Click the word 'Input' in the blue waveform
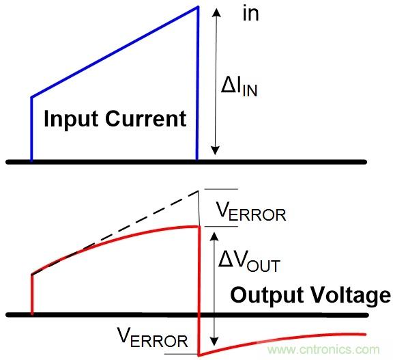(71, 120)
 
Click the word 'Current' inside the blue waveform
(145, 118)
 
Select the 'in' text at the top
(250, 14)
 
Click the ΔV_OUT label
(249, 261)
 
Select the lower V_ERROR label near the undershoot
(153, 337)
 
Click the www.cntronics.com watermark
(323, 350)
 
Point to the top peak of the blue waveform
(198, 7)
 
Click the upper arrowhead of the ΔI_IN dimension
(216, 12)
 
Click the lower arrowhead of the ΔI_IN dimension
(215, 150)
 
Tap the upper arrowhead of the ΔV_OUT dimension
(214, 236)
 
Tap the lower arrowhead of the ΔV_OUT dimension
(214, 342)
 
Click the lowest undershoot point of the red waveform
(199, 355)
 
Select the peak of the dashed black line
(199, 191)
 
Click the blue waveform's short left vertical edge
(31, 129)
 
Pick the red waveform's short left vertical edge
(32, 294)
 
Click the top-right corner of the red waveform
(200, 227)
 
